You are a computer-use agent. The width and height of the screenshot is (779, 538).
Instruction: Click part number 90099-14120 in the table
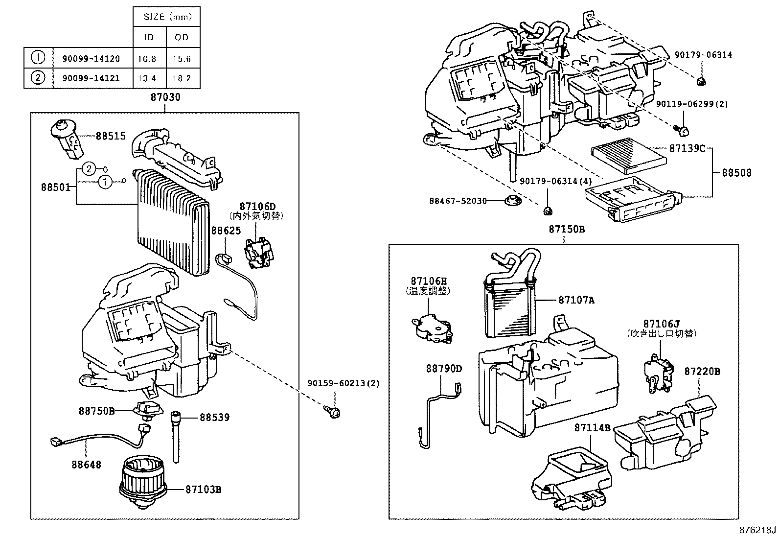pyautogui.click(x=91, y=59)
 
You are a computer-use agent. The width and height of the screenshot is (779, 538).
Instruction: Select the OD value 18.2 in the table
pyautogui.click(x=182, y=78)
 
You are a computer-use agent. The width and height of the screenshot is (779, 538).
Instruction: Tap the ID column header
pyautogui.click(x=149, y=37)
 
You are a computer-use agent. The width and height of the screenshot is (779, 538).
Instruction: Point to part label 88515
pyautogui.click(x=111, y=136)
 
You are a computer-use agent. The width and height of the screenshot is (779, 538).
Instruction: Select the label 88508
pyautogui.click(x=737, y=172)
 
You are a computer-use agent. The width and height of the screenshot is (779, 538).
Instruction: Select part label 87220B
pyautogui.click(x=702, y=372)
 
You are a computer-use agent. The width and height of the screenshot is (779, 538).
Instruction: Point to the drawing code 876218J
pyautogui.click(x=758, y=530)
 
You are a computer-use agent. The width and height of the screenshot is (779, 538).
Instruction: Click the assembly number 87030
pyautogui.click(x=165, y=97)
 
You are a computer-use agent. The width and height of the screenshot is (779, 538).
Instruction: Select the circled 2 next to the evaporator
pyautogui.click(x=88, y=169)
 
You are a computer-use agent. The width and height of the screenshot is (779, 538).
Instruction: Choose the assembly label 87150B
pyautogui.click(x=566, y=229)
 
